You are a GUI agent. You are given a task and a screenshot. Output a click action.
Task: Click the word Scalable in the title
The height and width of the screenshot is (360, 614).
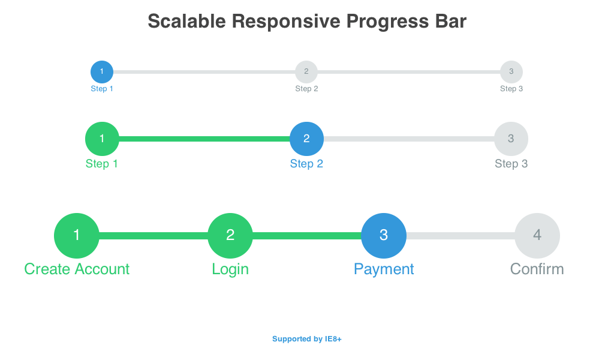[186, 22]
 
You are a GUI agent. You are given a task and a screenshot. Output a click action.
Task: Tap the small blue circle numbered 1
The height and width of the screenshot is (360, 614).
[102, 72]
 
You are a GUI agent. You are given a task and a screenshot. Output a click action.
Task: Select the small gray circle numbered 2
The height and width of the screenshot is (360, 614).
[306, 72]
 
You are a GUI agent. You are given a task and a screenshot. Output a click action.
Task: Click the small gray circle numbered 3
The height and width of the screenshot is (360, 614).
[511, 72]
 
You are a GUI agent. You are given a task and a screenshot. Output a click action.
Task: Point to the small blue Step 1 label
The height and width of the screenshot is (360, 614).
[102, 89]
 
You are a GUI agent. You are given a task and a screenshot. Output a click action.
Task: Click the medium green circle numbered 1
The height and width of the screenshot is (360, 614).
[102, 139]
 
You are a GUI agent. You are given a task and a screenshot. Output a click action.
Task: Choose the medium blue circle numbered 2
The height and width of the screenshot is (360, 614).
[306, 139]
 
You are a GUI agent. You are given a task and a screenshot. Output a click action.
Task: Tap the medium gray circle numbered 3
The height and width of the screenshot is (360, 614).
[511, 139]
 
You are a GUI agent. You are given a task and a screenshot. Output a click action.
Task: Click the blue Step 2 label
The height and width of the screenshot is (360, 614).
[306, 164]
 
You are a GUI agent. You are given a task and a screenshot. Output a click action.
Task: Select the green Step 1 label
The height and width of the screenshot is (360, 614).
[102, 164]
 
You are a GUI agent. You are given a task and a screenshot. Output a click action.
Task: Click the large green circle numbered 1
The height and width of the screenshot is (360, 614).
[77, 236]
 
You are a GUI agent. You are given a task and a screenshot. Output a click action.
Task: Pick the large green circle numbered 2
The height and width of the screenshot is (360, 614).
[230, 236]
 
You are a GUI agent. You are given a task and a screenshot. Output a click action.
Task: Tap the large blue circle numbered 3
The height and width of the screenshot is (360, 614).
[384, 236]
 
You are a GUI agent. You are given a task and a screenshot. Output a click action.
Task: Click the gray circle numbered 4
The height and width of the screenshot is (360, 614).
[537, 236]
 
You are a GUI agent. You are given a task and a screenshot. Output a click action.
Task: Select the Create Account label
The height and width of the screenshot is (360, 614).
[77, 269]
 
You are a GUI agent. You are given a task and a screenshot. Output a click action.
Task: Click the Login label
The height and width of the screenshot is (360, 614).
[230, 269]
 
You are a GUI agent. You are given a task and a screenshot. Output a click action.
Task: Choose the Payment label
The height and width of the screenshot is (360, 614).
[384, 269]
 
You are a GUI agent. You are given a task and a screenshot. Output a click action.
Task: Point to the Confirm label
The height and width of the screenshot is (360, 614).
[537, 269]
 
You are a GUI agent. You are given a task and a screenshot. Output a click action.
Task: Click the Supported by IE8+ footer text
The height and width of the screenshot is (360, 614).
[307, 339]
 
